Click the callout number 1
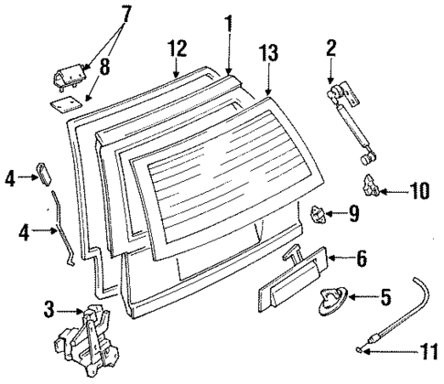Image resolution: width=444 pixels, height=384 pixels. [228, 20]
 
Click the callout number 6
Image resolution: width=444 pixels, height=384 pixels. [361, 259]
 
